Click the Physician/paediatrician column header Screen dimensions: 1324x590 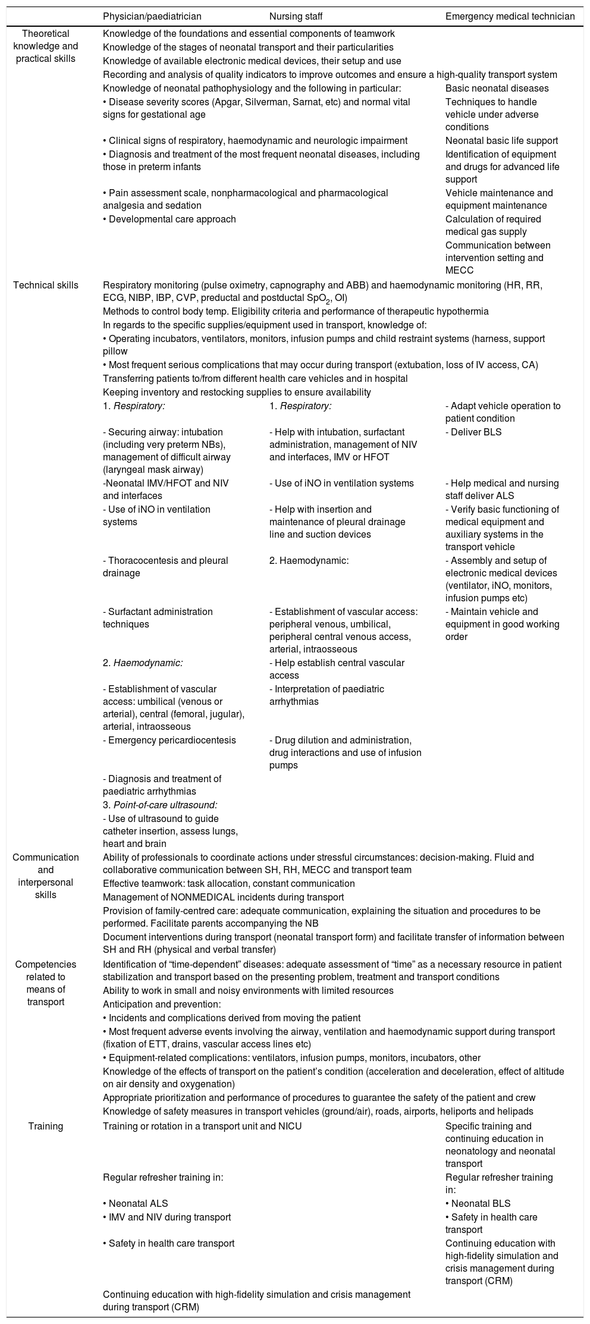coord(152,16)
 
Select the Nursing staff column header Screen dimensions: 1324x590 coord(296,16)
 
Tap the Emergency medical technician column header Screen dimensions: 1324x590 coord(510,16)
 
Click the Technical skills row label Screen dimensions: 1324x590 coord(46,285)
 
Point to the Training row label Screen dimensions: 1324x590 coord(46,1126)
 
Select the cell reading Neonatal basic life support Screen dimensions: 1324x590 coord(501,141)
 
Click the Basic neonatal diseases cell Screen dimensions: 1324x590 coord(497,89)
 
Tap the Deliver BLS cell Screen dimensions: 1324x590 coord(473,432)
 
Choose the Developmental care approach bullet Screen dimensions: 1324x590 coord(170,219)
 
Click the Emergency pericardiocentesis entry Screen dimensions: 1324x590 coord(170,740)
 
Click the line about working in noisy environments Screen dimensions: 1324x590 coord(248,990)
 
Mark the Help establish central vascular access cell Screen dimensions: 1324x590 coord(337,669)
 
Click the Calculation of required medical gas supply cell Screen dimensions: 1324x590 coord(493,225)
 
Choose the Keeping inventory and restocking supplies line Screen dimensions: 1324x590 coord(237,392)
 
